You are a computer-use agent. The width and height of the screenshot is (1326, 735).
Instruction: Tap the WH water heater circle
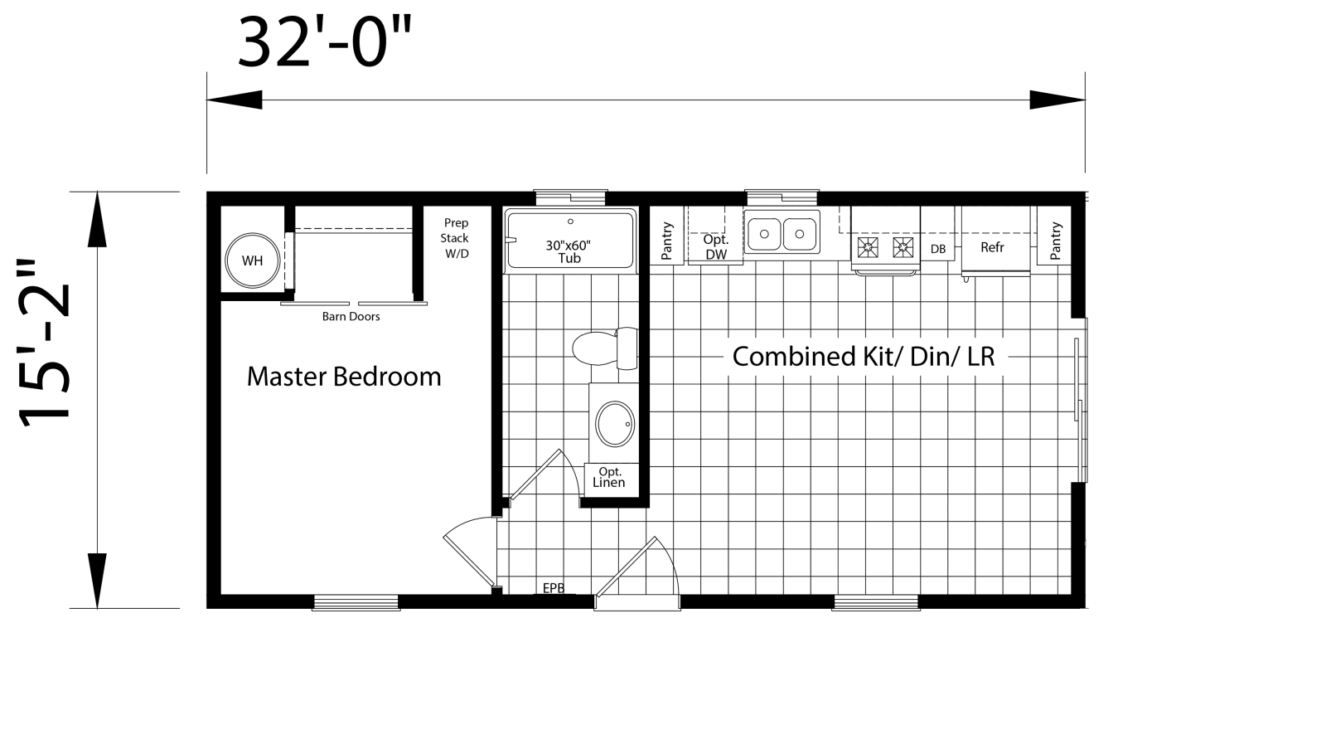point(252,260)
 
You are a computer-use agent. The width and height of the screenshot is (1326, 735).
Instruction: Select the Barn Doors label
point(351,316)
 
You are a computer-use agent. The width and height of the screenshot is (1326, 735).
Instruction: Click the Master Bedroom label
point(344,377)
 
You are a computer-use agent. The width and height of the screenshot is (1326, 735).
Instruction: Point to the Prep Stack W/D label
point(456,238)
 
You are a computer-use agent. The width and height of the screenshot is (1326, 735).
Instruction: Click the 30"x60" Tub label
point(569,251)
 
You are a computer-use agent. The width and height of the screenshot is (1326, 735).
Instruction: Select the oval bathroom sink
point(614,424)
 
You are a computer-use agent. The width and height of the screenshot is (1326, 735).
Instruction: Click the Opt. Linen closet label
point(609,478)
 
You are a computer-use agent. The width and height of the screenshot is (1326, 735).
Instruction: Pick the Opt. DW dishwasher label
point(715,247)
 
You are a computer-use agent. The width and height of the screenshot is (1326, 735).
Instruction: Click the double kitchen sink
point(782,232)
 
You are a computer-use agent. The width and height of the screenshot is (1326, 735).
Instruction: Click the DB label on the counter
point(938,249)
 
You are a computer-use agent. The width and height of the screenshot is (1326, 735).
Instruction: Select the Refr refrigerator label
point(992,247)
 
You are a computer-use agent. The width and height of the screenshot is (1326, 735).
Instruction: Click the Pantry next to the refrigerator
point(1055,241)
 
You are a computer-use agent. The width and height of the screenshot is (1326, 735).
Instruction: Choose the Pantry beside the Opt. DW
point(667,241)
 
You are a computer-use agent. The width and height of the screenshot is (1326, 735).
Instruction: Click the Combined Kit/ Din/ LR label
point(863,357)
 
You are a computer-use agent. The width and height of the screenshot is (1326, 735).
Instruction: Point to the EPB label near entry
point(554,588)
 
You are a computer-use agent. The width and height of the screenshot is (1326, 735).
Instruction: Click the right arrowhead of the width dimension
point(1057,100)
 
